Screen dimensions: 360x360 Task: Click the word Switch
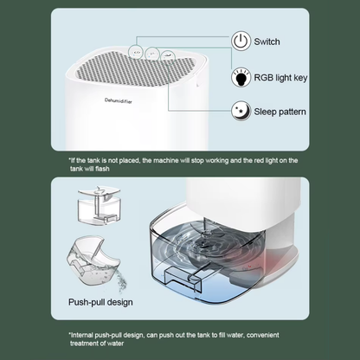tap(268, 42)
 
